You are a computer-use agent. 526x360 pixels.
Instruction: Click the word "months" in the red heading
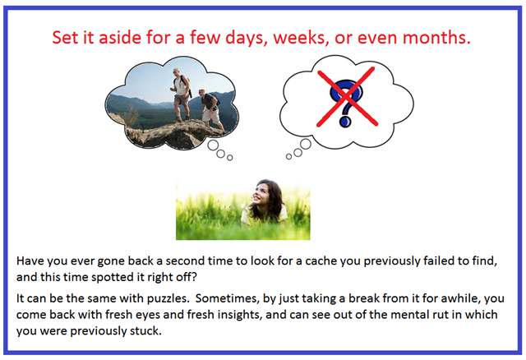[x=436, y=37]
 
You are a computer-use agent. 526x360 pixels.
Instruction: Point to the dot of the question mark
[x=345, y=122]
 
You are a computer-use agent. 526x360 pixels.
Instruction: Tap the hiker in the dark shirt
[x=211, y=109]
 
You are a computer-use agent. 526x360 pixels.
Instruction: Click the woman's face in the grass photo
[x=261, y=194]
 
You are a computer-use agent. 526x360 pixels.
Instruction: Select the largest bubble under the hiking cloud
[x=213, y=145]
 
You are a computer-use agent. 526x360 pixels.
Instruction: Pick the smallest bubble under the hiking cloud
[x=230, y=157]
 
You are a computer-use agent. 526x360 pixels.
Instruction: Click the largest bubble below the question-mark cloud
[x=306, y=144]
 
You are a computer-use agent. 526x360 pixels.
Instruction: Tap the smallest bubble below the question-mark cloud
[x=288, y=157]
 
